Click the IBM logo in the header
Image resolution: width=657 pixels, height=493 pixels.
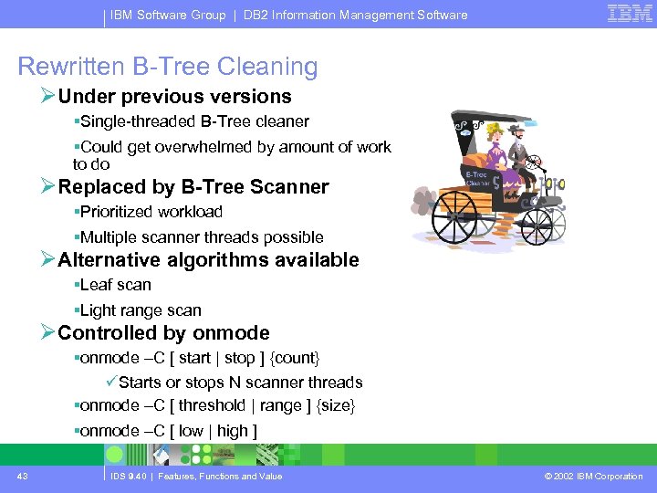[631, 14]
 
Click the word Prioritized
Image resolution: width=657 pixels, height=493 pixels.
[118, 212]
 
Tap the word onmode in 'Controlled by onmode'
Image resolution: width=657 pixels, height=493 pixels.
[232, 333]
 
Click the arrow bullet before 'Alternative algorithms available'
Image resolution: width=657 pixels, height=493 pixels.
[48, 260]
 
